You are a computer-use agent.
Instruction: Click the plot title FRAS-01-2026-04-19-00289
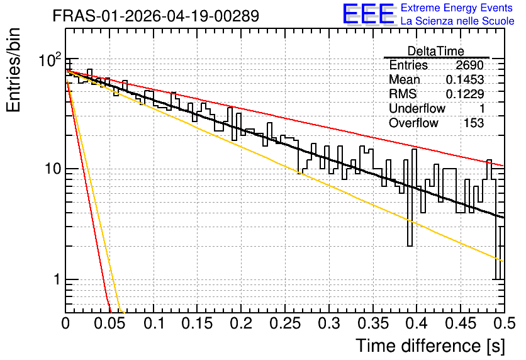pyautogui.click(x=156, y=16)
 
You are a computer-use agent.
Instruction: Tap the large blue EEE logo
pyautogui.click(x=368, y=13)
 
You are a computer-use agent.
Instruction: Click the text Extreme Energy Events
pyautogui.click(x=457, y=8)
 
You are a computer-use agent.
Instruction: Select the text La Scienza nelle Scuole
pyautogui.click(x=457, y=21)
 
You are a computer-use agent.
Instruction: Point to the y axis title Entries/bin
pyautogui.click(x=13, y=70)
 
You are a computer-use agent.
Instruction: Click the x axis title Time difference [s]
pyautogui.click(x=430, y=346)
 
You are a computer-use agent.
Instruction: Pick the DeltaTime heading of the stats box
pyautogui.click(x=436, y=52)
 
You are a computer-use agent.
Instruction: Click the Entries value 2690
pyautogui.click(x=469, y=65)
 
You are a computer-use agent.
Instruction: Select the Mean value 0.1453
pyautogui.click(x=465, y=79)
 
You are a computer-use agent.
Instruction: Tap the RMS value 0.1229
pyautogui.click(x=465, y=94)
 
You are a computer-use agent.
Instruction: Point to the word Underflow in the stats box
pyautogui.click(x=417, y=108)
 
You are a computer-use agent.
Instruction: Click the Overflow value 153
pyautogui.click(x=474, y=123)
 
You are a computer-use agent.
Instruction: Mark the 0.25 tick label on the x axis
pyautogui.click(x=285, y=323)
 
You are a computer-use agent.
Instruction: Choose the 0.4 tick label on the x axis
pyautogui.click(x=417, y=323)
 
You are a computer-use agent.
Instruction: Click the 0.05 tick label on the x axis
pyautogui.click(x=109, y=323)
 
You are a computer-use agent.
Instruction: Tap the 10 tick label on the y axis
pyautogui.click(x=53, y=169)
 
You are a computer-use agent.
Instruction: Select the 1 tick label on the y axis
pyautogui.click(x=58, y=279)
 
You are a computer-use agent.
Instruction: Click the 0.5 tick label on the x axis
pyautogui.click(x=504, y=323)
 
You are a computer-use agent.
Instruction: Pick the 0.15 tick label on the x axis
pyautogui.click(x=198, y=323)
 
